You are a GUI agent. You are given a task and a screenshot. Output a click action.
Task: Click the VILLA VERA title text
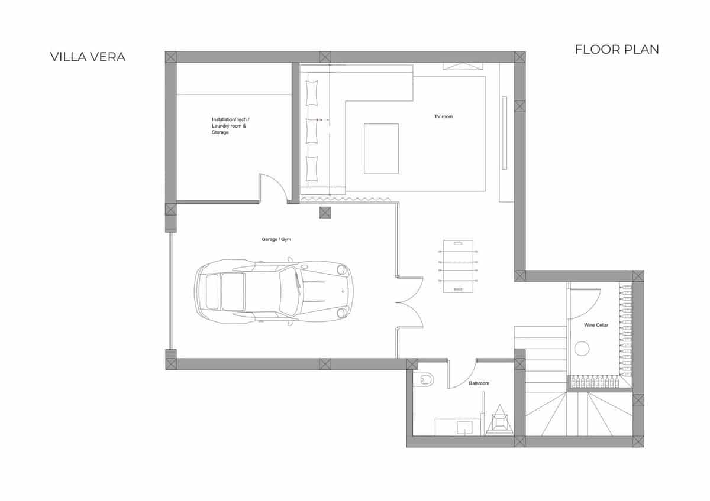click(x=88, y=57)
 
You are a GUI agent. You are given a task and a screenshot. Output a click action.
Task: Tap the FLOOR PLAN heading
click(x=617, y=50)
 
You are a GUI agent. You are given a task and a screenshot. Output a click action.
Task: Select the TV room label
click(x=443, y=117)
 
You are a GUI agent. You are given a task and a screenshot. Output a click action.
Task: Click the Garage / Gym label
click(x=276, y=240)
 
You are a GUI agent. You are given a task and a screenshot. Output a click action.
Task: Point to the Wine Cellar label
click(x=596, y=326)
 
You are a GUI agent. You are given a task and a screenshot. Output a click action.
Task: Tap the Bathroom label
click(x=479, y=383)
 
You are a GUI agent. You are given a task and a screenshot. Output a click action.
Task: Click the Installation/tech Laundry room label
click(x=231, y=126)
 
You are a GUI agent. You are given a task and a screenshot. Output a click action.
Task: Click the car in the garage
click(x=273, y=292)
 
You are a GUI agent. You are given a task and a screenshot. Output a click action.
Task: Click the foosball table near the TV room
click(x=457, y=266)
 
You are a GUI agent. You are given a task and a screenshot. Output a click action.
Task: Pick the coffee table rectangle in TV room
click(x=381, y=148)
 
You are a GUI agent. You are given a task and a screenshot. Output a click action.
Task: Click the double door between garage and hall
click(x=409, y=302)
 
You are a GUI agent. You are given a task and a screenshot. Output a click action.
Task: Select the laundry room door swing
click(x=272, y=188)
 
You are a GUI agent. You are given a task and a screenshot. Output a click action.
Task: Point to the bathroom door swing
click(x=461, y=376)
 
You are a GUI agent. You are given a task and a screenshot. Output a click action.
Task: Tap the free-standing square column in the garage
click(x=325, y=213)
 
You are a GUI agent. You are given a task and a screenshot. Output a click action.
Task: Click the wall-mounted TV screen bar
click(x=505, y=133)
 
